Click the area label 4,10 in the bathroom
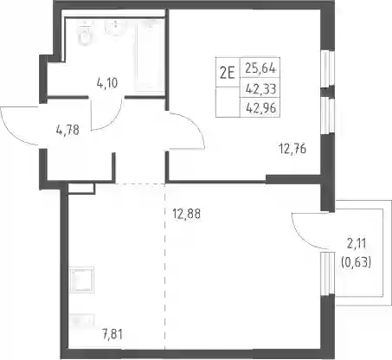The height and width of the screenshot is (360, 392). tap(107, 83)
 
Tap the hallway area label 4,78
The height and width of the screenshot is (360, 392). tap(67, 130)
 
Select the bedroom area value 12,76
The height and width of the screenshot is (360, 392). tap(292, 149)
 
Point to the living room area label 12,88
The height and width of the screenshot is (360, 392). tap(186, 214)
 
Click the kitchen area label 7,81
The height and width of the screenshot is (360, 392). tap(112, 335)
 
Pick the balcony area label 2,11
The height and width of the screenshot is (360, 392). tap(357, 244)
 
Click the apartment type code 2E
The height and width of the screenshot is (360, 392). tap(227, 73)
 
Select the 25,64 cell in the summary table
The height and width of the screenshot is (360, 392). tap(260, 68)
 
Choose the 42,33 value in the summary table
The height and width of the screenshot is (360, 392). tap(260, 88)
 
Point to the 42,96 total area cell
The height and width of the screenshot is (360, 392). tap(260, 108)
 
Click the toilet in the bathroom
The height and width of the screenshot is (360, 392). tap(85, 34)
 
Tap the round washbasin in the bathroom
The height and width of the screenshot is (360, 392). tap(115, 29)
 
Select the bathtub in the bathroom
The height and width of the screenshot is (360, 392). tap(149, 55)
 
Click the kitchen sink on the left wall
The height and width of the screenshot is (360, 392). tap(81, 280)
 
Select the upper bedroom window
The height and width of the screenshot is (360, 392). tap(328, 68)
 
